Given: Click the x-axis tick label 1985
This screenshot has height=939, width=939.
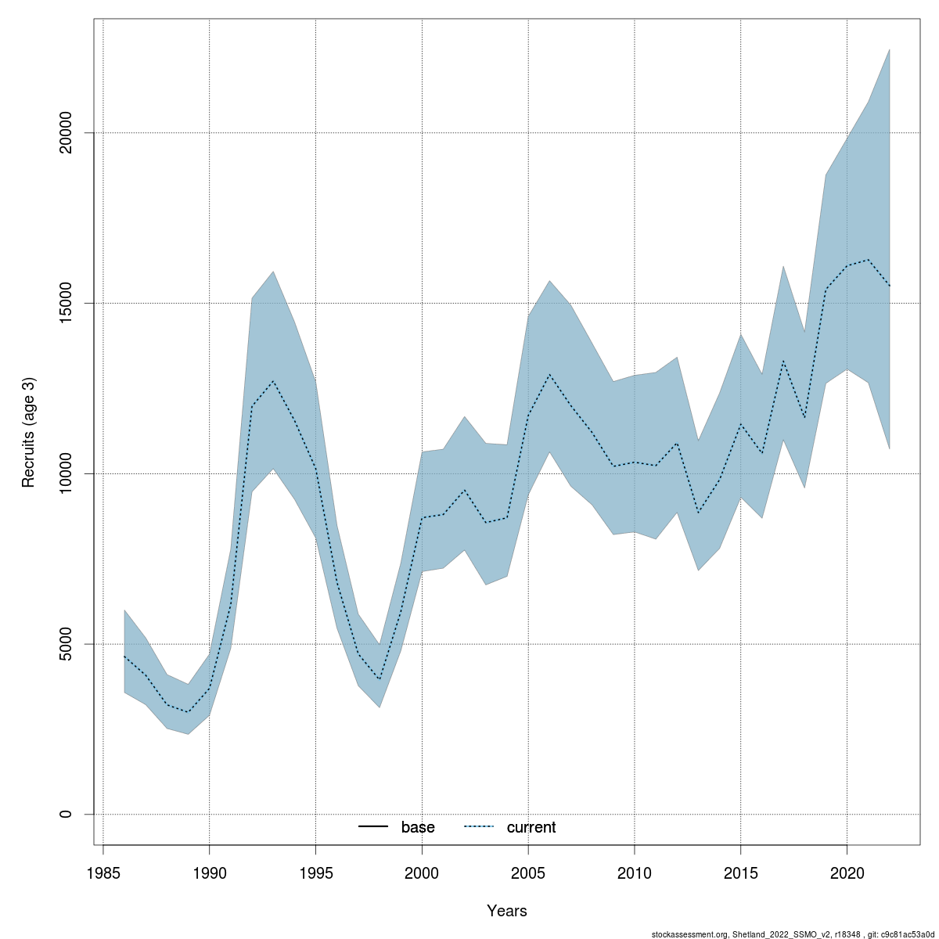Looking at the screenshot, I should [103, 872].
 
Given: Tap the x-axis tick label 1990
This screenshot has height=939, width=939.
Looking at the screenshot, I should [210, 872].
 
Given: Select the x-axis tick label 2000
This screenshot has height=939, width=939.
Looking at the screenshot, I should [422, 872].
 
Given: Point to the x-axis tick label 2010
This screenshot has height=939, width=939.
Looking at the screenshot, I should [635, 872].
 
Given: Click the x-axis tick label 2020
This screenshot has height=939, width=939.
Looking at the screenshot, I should [847, 872].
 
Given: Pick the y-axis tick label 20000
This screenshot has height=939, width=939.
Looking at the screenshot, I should [66, 133].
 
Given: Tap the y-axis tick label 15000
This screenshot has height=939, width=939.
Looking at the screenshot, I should [66, 303].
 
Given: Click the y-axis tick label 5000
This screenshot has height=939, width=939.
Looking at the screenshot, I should [66, 644].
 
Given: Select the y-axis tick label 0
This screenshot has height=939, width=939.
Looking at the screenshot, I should [66, 814].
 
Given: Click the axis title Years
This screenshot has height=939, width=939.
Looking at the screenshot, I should [507, 911].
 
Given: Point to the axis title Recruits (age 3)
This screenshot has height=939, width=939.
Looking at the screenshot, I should [29, 433].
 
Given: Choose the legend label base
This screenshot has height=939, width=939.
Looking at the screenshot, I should [418, 827].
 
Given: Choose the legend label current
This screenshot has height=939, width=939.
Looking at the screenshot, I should [531, 827].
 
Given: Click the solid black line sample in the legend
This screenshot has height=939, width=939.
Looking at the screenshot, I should [373, 827].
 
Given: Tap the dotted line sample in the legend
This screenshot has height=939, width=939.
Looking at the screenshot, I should [479, 827].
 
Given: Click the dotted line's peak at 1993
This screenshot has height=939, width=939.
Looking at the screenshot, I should [273, 381].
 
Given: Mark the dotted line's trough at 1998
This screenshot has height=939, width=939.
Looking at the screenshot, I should [380, 679].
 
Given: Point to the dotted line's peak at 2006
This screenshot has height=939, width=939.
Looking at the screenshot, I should [549, 374].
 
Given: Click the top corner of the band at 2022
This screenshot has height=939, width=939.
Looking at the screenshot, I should [890, 49].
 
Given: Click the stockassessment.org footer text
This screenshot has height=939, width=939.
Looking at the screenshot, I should [793, 934].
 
